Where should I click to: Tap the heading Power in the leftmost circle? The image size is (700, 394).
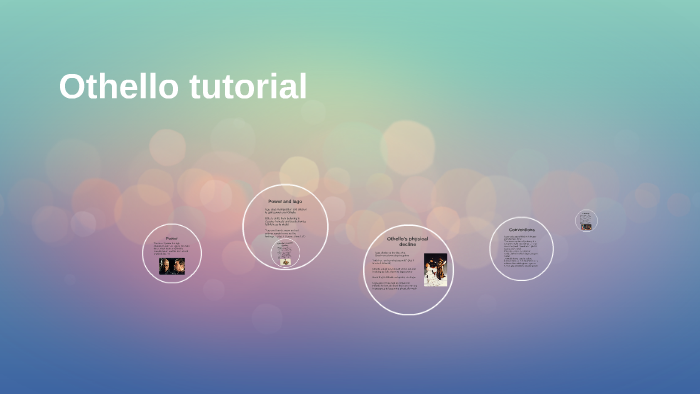pos(172,238)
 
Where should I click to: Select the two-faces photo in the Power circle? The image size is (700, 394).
pos(172,265)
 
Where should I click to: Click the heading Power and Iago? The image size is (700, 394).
pos(285,202)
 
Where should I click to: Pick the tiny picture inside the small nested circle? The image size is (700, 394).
pos(285,262)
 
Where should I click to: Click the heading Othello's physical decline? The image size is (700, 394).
pos(407,241)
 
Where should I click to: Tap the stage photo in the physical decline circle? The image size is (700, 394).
pos(435,269)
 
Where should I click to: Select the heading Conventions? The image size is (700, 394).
pos(521,230)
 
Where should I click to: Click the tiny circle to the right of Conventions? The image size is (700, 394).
pos(586,220)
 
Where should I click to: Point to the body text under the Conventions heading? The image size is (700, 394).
pos(520,251)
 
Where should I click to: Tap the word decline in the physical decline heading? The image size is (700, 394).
pos(407,245)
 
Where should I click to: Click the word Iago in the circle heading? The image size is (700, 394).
pos(297,202)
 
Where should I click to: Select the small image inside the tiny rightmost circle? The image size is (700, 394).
pos(586,226)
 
